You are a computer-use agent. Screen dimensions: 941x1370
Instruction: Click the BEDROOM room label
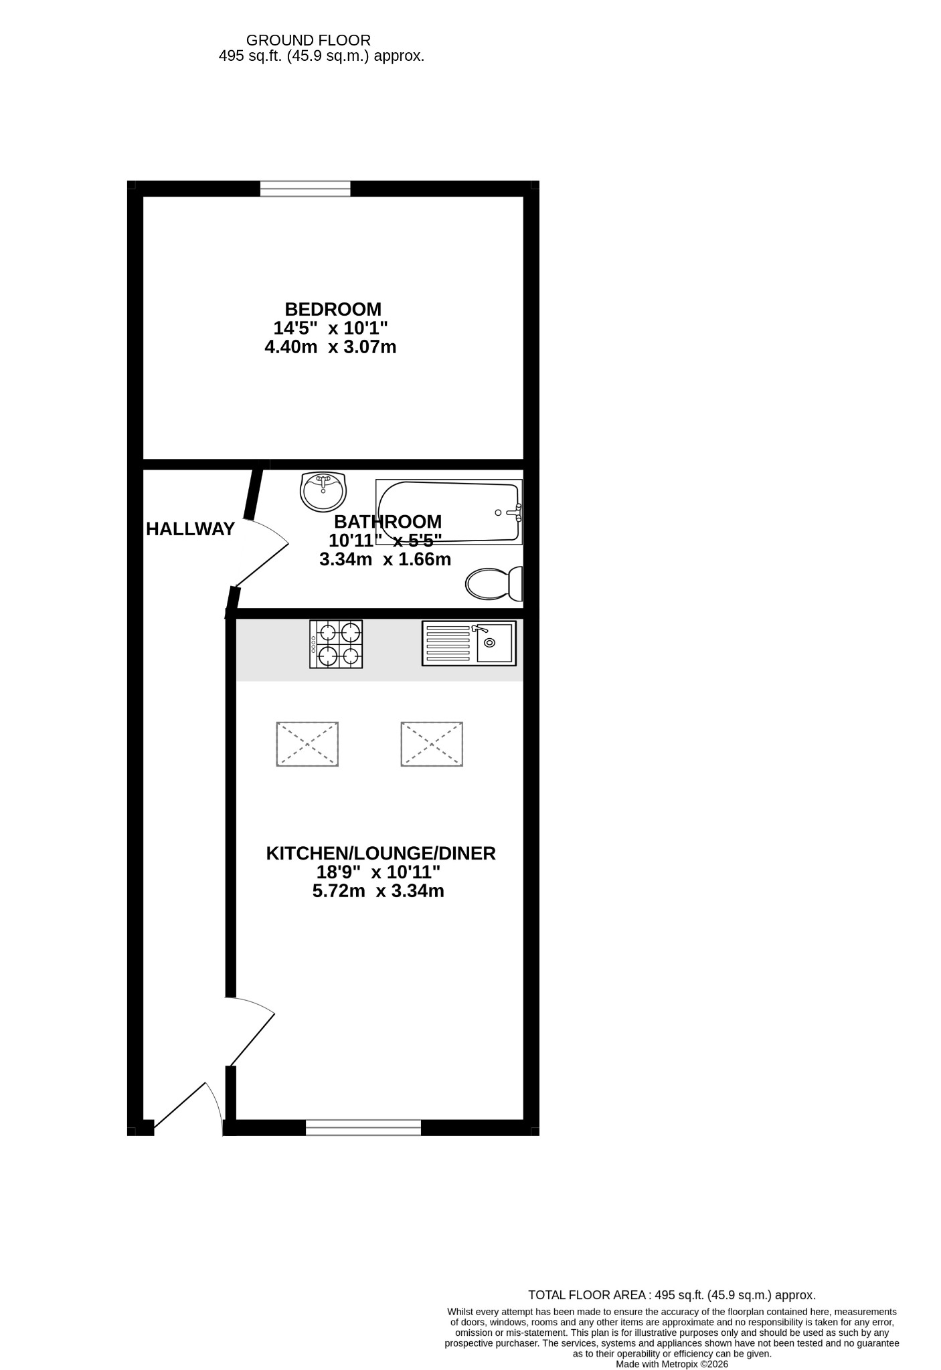pos(333,309)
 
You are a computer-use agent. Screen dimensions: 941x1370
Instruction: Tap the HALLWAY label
pos(190,529)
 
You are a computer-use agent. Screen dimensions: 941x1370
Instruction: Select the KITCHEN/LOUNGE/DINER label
pos(381,854)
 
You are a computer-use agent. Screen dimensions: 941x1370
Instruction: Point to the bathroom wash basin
pos(323,491)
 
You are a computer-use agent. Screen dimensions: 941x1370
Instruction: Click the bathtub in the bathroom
pos(449,512)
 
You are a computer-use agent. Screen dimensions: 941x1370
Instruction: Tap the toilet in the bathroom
pos(494,584)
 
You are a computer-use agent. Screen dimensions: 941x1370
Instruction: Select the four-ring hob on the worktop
pos(336,644)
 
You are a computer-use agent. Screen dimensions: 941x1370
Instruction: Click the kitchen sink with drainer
pos(469,643)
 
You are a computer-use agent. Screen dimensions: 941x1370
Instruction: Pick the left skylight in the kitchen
pos(307,744)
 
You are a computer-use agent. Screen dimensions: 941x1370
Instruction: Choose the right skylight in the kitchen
pos(432,744)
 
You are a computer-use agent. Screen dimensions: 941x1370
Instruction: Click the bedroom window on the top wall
pos(305,189)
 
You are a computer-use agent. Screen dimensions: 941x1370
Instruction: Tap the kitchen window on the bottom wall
pos(363,1127)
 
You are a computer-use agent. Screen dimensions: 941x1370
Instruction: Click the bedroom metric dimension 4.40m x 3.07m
pos(331,347)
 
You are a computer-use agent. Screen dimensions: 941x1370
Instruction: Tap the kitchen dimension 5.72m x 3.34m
pos(378,891)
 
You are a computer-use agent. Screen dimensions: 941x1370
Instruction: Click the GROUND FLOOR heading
pos(309,41)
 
